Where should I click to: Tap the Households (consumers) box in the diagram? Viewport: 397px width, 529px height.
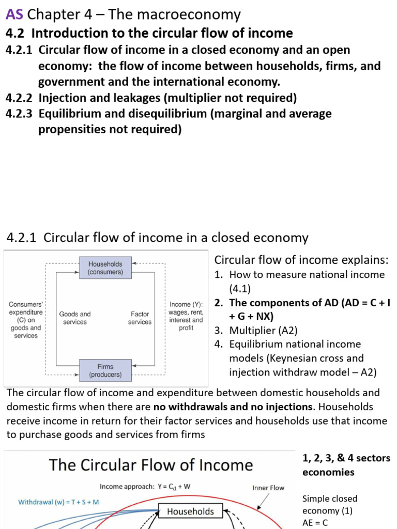click(105, 268)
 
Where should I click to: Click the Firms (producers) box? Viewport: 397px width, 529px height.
click(105, 370)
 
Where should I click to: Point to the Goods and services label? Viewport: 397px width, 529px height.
click(75, 318)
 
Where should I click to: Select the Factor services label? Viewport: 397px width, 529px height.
click(140, 318)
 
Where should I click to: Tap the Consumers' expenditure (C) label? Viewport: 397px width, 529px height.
click(26, 320)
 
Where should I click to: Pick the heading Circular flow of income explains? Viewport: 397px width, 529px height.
click(301, 260)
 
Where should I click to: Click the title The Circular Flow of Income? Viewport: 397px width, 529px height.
click(150, 465)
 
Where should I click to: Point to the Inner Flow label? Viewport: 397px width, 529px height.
click(268, 487)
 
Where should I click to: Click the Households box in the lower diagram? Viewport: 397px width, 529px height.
click(190, 511)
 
